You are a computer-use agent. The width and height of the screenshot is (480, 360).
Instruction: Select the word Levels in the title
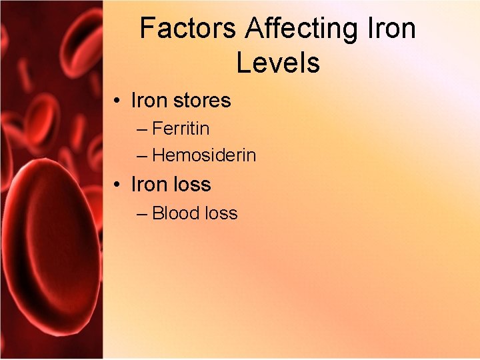coord(277,63)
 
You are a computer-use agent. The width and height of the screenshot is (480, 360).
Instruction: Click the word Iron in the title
coord(391,29)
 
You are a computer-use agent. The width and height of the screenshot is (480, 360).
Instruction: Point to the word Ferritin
coord(181,127)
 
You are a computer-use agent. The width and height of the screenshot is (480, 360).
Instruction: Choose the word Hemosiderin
coord(204,155)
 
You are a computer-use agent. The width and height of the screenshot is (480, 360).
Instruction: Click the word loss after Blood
coord(221,213)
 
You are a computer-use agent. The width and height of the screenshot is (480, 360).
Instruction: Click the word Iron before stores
coord(149,101)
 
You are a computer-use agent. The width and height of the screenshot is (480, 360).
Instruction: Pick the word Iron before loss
coord(149,184)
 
